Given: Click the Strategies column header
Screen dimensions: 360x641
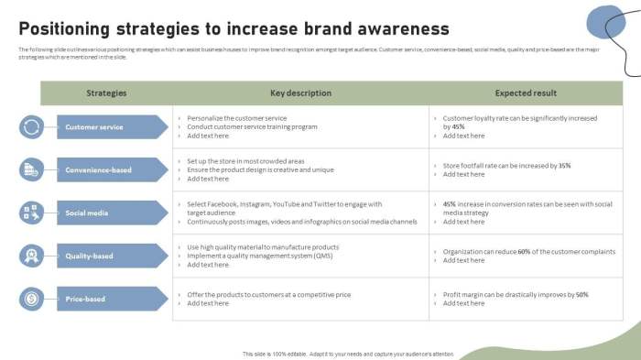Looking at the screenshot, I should [106, 93].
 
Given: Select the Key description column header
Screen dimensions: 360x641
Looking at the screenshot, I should [300, 93].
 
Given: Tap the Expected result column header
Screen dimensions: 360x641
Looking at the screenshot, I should [526, 93].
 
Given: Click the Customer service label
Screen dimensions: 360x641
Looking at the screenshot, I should [94, 126].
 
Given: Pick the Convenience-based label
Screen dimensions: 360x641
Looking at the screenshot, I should [98, 169].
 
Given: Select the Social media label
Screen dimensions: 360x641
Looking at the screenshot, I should [87, 213].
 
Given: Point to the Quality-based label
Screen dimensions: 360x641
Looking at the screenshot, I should [90, 256].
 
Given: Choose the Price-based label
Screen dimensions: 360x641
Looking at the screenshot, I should [85, 299].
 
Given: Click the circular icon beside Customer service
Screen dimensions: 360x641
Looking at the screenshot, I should [31, 126].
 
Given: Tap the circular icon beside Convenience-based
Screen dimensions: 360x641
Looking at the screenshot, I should [31, 169].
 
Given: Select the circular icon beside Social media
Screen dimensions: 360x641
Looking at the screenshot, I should [31, 213].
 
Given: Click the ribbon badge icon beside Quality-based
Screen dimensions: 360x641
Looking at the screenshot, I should [31, 256].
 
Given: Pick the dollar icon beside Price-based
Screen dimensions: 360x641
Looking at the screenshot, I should [31, 299].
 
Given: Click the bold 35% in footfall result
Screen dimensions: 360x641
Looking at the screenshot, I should [564, 166].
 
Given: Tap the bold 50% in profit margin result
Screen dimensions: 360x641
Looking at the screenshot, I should [581, 295].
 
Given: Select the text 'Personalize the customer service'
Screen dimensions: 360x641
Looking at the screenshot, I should [237, 118].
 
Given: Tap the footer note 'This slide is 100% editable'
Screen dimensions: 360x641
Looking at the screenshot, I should [284, 354].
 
